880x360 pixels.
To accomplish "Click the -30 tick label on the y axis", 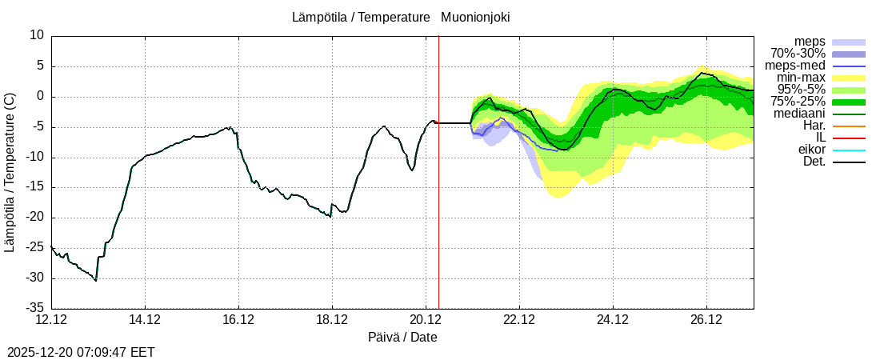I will tap(33, 278).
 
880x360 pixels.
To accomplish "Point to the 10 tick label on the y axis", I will tap(37, 35).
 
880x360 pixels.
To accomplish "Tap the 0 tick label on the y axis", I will tap(40, 96).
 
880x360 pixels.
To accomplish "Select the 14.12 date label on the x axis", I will tap(145, 319).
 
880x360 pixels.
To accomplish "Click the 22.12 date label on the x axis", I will tap(519, 319).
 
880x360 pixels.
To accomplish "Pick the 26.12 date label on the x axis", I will tap(706, 319).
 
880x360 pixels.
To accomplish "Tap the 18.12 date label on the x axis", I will tap(332, 319).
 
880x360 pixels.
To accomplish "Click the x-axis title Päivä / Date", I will tap(402, 337).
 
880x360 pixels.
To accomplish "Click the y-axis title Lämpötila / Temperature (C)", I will tap(10, 172).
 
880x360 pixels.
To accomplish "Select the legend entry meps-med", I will tap(795, 66).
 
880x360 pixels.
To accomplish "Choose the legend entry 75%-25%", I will tap(798, 102).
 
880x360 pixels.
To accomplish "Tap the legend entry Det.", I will tap(814, 162).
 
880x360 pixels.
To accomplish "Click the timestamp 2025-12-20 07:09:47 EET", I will tap(81, 352).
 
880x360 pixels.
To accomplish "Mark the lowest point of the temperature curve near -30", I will tap(96, 280).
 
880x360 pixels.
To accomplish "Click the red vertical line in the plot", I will tap(438, 200).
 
